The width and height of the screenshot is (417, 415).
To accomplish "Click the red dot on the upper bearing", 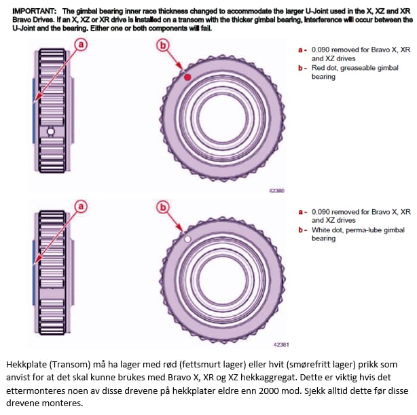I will point(189,78).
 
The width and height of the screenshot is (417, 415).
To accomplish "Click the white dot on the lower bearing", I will point(187,239).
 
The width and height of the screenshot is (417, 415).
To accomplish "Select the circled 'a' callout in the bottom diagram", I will point(81,206).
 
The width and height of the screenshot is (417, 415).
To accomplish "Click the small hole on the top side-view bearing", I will point(50,130).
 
